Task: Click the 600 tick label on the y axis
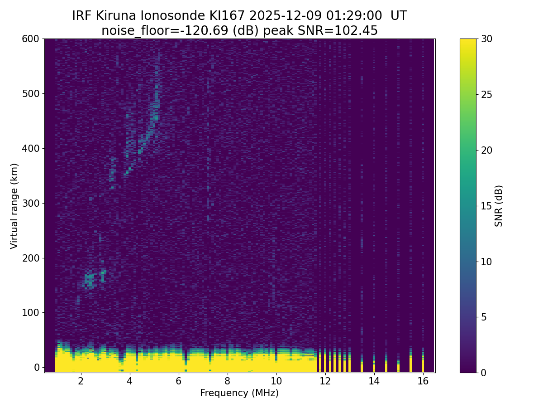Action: (x=30, y=39)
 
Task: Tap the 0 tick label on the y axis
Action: (x=37, y=367)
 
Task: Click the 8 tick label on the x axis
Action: (x=227, y=381)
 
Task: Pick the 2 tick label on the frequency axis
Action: (x=81, y=381)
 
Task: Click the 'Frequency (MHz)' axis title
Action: (x=239, y=393)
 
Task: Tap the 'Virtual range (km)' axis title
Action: (x=14, y=206)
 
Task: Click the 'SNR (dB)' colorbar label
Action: (x=499, y=206)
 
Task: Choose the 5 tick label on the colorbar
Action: (x=484, y=317)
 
